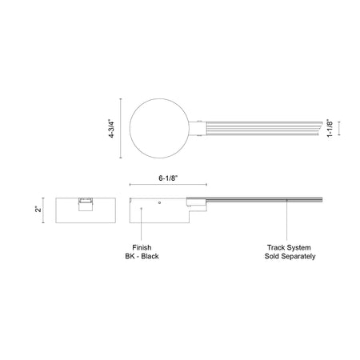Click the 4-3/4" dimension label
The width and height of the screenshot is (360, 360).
(111, 130)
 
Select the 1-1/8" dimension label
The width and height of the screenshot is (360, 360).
(330, 128)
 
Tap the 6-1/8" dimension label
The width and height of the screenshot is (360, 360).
(168, 178)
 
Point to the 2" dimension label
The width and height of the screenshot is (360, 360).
(39, 209)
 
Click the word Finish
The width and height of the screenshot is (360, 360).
(142, 247)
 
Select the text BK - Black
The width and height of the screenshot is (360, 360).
(142, 256)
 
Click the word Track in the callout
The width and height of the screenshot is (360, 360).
(276, 247)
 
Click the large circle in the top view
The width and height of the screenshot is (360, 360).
(130, 128)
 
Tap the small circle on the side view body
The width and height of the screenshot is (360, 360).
(159, 203)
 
